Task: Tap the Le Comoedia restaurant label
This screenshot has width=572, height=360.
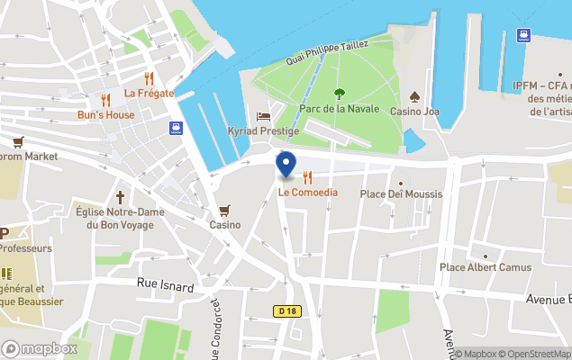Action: [x=307, y=192]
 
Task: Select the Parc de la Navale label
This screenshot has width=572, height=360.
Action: [x=338, y=109]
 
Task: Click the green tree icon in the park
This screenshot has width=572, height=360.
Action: [x=340, y=93]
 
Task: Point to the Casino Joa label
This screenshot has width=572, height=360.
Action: [x=414, y=112]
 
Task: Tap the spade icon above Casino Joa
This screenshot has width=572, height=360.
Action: [x=414, y=96]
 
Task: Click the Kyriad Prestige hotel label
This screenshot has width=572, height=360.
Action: [x=263, y=131]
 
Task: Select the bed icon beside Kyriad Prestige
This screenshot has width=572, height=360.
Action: [x=263, y=116]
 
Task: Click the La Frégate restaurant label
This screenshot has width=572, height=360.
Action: [x=149, y=93]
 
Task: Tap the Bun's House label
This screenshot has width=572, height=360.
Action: [x=105, y=115]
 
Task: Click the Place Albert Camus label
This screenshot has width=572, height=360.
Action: [x=485, y=267]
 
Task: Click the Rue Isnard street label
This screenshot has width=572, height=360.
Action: [x=166, y=284]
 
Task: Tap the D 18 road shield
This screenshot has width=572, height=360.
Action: [x=286, y=310]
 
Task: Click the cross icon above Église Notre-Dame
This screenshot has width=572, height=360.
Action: [x=119, y=196]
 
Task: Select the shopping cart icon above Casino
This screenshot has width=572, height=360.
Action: [x=224, y=210]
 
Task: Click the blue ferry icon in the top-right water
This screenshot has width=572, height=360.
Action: [x=522, y=35]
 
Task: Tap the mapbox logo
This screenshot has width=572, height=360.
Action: [x=40, y=348]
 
